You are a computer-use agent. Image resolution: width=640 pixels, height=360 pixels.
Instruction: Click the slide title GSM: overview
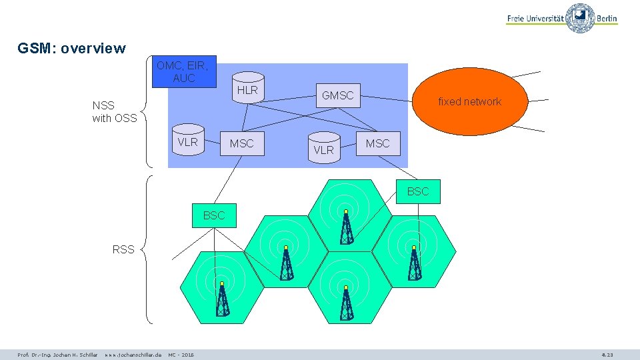pyautogui.click(x=71, y=49)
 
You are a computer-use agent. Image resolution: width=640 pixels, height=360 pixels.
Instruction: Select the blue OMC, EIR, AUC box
pyautogui.click(x=184, y=72)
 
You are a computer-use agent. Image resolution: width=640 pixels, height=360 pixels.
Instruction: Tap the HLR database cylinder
pyautogui.click(x=247, y=91)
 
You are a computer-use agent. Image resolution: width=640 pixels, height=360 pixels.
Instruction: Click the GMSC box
pyautogui.click(x=338, y=95)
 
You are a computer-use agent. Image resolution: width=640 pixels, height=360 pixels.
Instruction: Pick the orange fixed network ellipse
pyautogui.click(x=469, y=101)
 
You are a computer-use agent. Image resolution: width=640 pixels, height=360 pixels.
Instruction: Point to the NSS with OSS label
pyautogui.click(x=114, y=112)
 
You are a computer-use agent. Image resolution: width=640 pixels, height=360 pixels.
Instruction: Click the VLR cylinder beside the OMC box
pyautogui.click(x=187, y=143)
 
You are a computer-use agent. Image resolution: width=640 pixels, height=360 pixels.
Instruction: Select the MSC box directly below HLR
pyautogui.click(x=241, y=143)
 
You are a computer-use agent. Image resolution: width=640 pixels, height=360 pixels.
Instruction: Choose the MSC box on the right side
pyautogui.click(x=377, y=143)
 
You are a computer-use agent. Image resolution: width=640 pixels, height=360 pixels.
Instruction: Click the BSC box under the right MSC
pyautogui.click(x=418, y=191)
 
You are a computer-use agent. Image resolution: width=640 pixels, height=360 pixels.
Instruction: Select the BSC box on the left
pyautogui.click(x=214, y=215)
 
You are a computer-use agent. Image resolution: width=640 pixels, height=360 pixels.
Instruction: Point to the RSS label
pyautogui.click(x=123, y=250)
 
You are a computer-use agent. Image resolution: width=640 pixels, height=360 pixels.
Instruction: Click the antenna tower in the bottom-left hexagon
pyautogui.click(x=222, y=299)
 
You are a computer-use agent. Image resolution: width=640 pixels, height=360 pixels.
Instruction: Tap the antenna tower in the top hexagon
pyautogui.click(x=346, y=227)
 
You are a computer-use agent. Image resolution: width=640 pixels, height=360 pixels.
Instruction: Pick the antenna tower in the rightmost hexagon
pyautogui.click(x=414, y=263)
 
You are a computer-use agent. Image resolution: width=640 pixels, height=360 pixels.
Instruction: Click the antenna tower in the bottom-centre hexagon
pyautogui.click(x=346, y=303)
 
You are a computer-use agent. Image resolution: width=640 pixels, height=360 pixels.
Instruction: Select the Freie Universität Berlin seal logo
pyautogui.click(x=581, y=18)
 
